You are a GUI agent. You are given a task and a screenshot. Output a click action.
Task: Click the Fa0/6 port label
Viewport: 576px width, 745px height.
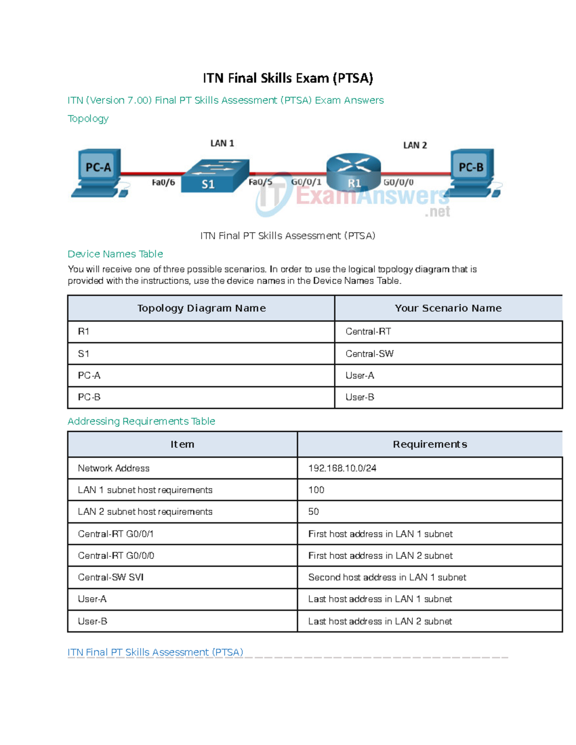point(163,182)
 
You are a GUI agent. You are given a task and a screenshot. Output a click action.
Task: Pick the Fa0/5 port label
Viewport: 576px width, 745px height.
point(260,182)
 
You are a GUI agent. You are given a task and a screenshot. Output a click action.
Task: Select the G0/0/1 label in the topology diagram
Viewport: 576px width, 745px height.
point(306,182)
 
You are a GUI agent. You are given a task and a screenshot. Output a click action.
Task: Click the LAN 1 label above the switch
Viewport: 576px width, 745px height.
point(222,143)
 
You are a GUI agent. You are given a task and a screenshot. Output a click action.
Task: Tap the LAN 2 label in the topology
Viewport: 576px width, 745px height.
point(415,145)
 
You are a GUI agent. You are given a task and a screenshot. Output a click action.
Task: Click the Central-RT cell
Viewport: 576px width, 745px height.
point(368,331)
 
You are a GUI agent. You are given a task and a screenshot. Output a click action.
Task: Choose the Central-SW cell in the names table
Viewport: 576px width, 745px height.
point(369,354)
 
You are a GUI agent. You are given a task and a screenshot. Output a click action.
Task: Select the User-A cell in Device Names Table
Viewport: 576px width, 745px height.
point(360,376)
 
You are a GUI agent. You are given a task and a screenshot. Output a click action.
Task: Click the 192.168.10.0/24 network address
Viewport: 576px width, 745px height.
point(342,468)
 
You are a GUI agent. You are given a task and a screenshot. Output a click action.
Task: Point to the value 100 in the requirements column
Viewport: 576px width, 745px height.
point(316,490)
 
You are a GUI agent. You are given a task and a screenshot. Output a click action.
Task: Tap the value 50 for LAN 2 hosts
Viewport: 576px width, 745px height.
point(313,512)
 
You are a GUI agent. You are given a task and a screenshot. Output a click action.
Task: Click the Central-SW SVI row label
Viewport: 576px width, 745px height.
point(111,577)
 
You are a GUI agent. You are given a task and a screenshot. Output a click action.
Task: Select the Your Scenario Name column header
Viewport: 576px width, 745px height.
point(448,308)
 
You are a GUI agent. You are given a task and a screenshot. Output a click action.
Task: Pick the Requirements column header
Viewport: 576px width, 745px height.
point(430,444)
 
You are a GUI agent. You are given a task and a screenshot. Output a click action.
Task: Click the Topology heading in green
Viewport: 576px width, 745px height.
point(88,118)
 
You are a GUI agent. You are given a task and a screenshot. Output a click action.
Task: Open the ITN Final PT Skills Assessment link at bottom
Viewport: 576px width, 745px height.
point(155,652)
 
